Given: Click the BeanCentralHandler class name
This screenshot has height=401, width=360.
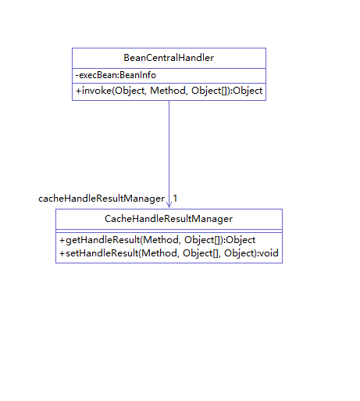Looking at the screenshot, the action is pyautogui.click(x=169, y=58).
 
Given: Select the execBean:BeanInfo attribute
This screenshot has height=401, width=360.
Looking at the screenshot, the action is pyautogui.click(x=116, y=75).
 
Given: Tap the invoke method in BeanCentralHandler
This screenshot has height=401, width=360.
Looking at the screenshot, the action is pyautogui.click(x=169, y=91).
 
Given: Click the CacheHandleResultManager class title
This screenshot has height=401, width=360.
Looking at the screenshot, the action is pyautogui.click(x=169, y=219).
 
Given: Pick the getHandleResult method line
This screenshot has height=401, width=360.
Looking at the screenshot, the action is pyautogui.click(x=157, y=240).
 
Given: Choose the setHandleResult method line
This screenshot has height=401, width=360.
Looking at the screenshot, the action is pyautogui.click(x=169, y=253).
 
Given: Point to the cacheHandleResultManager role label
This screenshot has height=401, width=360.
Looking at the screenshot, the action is pyautogui.click(x=102, y=199).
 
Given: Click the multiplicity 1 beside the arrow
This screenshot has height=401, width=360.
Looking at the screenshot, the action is pyautogui.click(x=175, y=199).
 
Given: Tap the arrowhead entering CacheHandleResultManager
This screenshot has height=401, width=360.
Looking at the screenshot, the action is pyautogui.click(x=169, y=205).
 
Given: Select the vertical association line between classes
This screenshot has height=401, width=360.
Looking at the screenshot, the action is pyautogui.click(x=169, y=154).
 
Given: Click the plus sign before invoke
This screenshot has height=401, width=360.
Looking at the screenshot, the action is pyautogui.click(x=78, y=91).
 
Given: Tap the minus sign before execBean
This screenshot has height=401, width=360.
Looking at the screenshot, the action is pyautogui.click(x=77, y=76).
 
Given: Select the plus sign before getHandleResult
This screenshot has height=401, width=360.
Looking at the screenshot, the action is pyautogui.click(x=62, y=240).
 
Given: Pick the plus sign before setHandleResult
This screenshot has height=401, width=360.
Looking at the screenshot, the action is pyautogui.click(x=62, y=253).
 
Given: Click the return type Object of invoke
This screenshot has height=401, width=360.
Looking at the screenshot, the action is pyautogui.click(x=248, y=91).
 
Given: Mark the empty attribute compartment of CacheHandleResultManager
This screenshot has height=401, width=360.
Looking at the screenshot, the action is pyautogui.click(x=169, y=231).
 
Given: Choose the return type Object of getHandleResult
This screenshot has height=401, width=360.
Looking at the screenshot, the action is pyautogui.click(x=241, y=240).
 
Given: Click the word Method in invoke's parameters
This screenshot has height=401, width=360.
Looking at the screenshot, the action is pyautogui.click(x=168, y=91).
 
